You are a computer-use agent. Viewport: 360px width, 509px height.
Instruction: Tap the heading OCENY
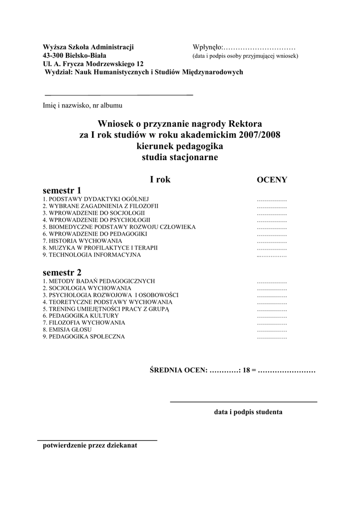point(271,179)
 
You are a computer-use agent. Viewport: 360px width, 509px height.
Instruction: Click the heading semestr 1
point(62,190)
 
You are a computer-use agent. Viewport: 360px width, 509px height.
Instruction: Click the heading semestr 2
point(62,272)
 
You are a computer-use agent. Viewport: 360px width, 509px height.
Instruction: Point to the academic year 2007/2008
point(259,135)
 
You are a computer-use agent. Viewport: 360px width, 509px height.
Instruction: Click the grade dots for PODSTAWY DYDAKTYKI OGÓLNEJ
point(271,199)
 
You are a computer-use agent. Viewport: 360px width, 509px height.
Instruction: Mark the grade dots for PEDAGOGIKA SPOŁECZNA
point(271,337)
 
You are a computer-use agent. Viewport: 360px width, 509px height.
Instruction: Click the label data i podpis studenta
point(248,412)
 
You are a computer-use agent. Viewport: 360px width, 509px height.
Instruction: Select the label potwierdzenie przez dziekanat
point(90,445)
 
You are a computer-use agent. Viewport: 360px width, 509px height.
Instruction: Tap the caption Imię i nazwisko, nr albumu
point(82,105)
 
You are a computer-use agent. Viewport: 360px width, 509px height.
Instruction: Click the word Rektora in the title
point(246,123)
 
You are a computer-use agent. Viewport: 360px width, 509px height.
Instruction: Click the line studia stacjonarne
point(180,158)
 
